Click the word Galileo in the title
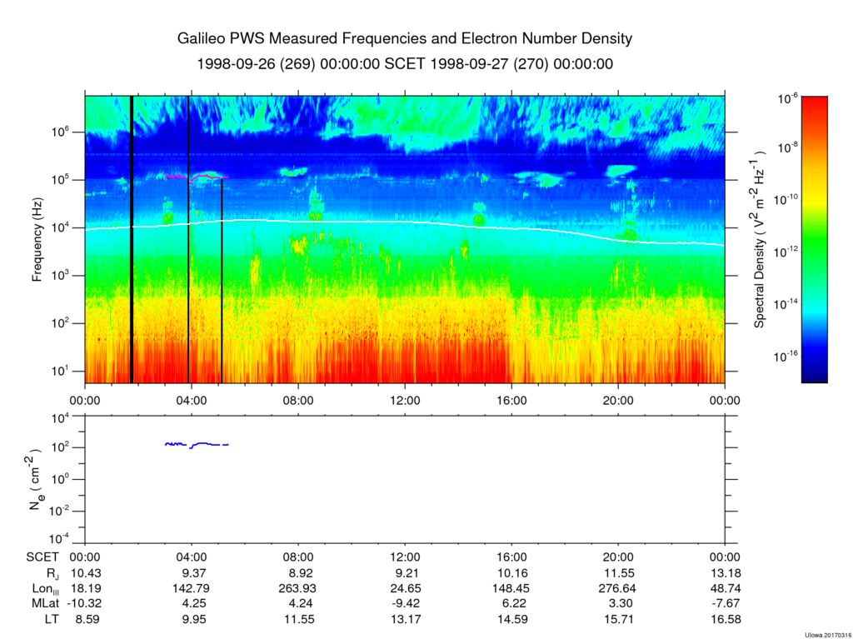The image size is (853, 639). pos(202,39)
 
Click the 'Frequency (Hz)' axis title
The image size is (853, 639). pos(37,239)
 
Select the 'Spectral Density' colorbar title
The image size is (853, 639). pos(760,239)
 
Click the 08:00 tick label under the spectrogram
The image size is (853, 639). pos(298,400)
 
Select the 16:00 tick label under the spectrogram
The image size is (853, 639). pos(511,400)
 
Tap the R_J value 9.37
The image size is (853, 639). pos(192,573)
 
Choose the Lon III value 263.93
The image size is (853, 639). pos(298,589)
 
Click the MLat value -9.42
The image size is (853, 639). pos(405,604)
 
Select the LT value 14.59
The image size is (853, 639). pos(511,620)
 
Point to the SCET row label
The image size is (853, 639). pos(42,557)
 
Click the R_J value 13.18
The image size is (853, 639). pos(725,573)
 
